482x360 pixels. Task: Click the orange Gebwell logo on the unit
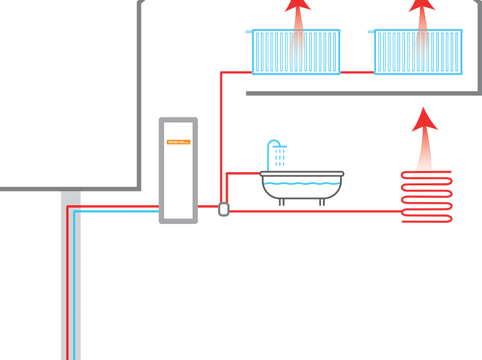click(x=178, y=142)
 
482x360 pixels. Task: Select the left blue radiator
click(x=295, y=52)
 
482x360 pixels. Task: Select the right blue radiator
click(x=418, y=52)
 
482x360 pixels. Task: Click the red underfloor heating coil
click(x=427, y=197)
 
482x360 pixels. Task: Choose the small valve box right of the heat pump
click(x=223, y=209)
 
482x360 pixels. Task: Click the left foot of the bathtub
click(x=282, y=202)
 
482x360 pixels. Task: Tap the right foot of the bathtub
click(x=322, y=202)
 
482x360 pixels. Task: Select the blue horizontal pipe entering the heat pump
click(x=117, y=211)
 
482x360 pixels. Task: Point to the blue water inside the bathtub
click(x=302, y=184)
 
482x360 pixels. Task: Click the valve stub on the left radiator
click(x=249, y=31)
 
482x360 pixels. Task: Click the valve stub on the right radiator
click(x=372, y=31)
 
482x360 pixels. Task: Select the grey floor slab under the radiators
click(x=363, y=93)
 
